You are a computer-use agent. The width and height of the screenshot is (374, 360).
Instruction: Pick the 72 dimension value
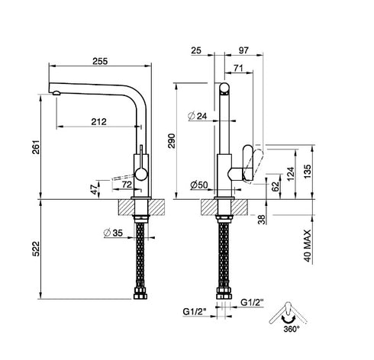pos(127,185)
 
